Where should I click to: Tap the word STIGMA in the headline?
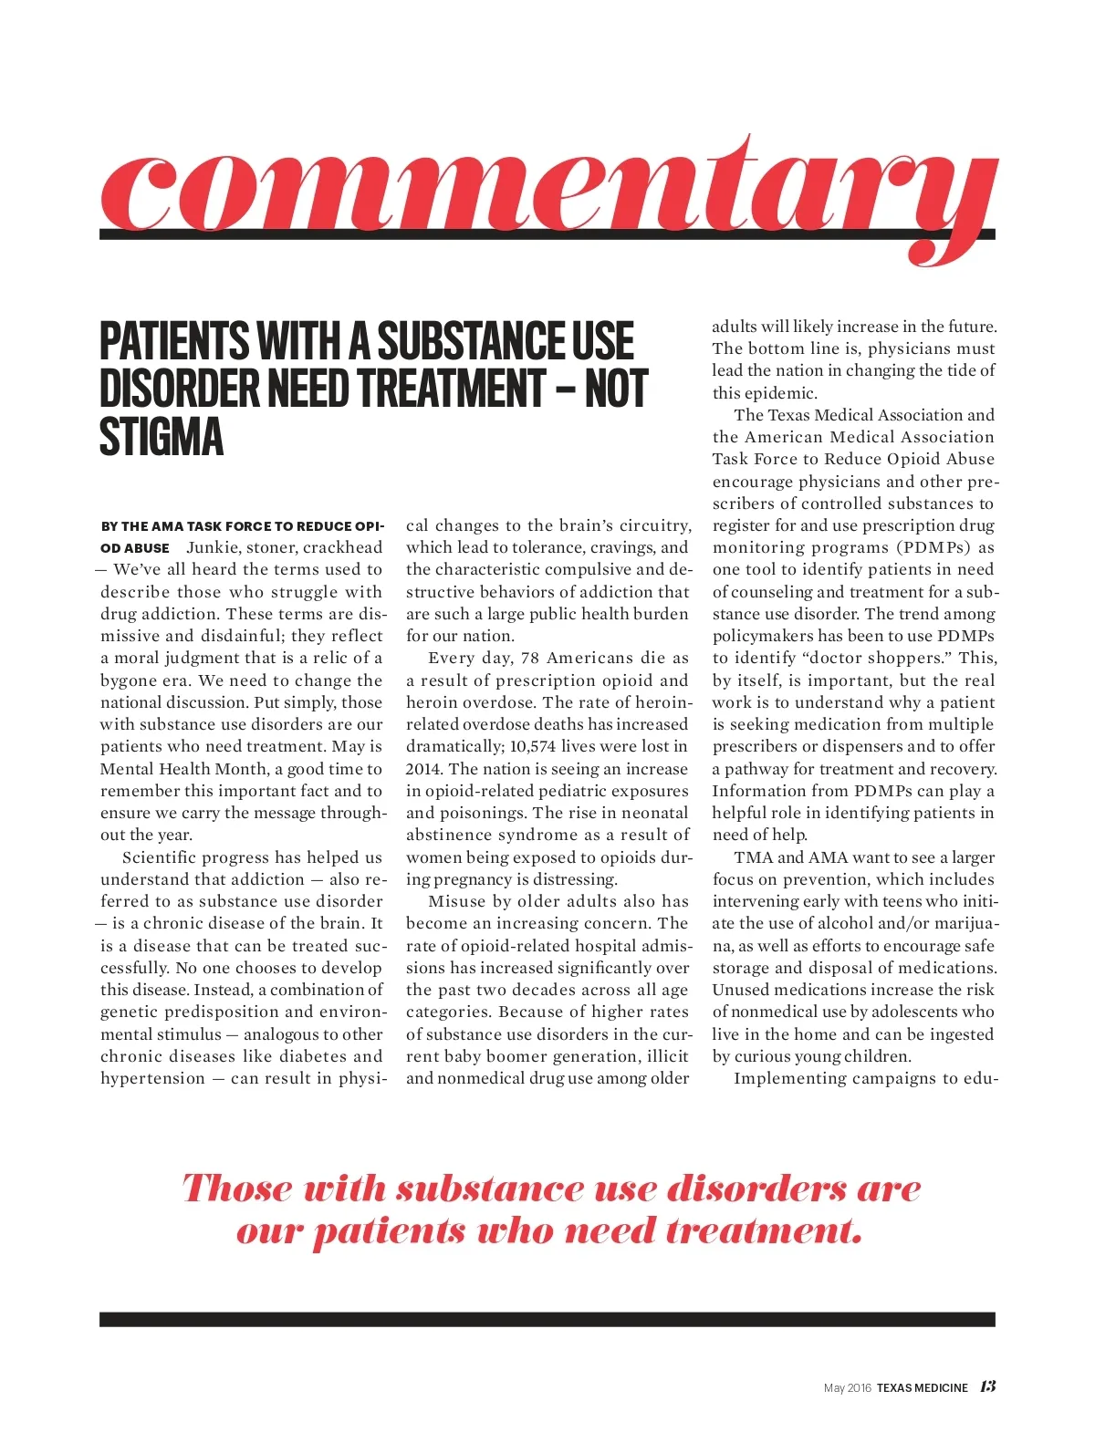pos(161,437)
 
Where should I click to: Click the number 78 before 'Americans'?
pos(530,659)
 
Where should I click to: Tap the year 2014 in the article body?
pos(424,769)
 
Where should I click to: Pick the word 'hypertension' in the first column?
pos(152,1078)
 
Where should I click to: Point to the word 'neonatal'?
pos(652,814)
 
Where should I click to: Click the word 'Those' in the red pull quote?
pos(236,1188)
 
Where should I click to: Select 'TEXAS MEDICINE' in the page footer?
pos(922,1387)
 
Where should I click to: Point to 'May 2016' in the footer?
pos(847,1388)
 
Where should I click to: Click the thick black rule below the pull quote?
pos(547,1319)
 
